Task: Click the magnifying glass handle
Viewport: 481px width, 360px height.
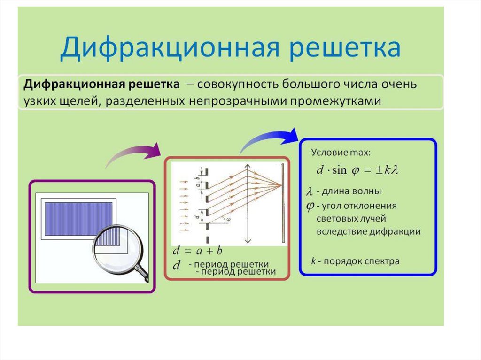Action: click(x=141, y=273)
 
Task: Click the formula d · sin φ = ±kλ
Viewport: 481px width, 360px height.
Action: click(x=357, y=170)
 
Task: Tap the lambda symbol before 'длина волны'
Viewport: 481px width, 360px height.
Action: click(x=309, y=192)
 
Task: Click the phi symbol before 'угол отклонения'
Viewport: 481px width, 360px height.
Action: click(x=310, y=206)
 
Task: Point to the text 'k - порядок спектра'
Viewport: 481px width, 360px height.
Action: click(x=355, y=261)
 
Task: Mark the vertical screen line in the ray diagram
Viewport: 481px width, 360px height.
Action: click(x=283, y=202)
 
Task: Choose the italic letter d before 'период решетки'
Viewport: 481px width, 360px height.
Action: click(x=177, y=266)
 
